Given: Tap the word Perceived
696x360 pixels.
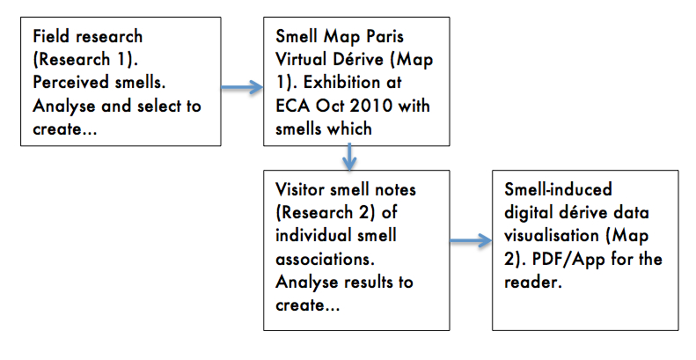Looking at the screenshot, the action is coord(71,82).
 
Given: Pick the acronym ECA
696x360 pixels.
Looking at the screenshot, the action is coord(293,106).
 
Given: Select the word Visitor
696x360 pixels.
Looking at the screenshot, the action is coord(301,189).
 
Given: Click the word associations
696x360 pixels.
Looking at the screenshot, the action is coord(325,259).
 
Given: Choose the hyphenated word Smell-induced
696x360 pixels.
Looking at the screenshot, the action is coord(558,189).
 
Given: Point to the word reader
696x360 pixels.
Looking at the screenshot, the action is coord(533,282).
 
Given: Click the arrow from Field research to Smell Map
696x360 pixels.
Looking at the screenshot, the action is coord(242,87).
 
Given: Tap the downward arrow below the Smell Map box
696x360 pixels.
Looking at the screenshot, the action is coord(350,157).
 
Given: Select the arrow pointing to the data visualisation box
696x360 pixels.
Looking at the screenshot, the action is coord(471,241).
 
